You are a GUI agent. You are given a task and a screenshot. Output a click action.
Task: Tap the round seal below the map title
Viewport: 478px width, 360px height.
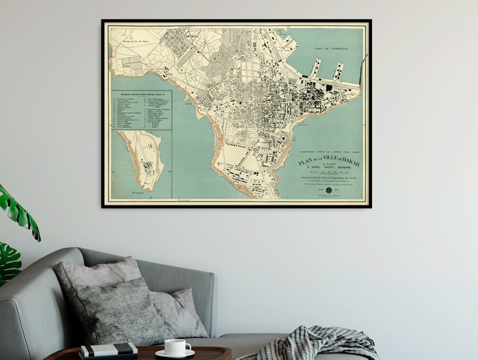(329, 190)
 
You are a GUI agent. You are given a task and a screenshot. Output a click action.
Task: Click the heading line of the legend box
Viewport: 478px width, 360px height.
(142, 93)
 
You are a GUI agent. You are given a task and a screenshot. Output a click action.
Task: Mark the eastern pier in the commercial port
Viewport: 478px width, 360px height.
(338, 71)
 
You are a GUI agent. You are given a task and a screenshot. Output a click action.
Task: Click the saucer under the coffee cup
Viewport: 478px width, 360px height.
(175, 354)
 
